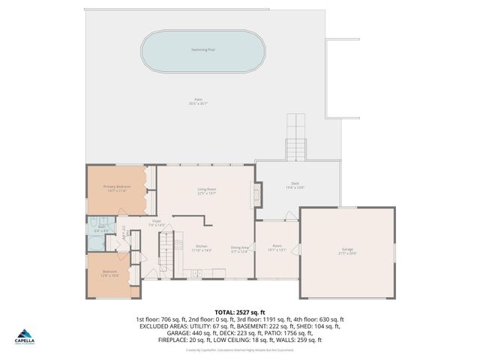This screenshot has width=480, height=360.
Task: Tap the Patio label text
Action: point(198,100)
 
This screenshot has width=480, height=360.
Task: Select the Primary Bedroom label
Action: point(116,187)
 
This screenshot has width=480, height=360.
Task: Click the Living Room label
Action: point(206,191)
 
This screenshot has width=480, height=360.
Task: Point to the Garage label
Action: point(347,250)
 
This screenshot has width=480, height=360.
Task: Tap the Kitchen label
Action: point(202,248)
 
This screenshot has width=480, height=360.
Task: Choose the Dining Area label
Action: point(239,248)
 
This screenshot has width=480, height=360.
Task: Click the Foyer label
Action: point(157,222)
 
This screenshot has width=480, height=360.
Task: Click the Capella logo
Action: point(25,336)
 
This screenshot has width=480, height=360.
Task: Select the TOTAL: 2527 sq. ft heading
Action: point(239,311)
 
